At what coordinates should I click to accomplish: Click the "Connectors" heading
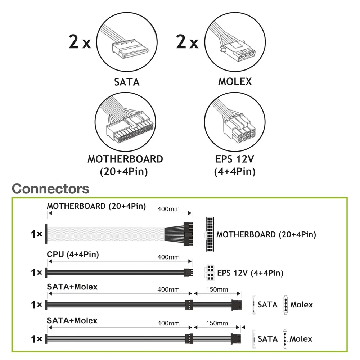coord(50,188)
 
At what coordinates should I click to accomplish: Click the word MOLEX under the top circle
coord(235,82)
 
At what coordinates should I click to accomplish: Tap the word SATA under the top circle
coord(127,82)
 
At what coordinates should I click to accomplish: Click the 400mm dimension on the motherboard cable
coord(168,209)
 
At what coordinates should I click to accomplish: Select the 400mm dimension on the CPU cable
coord(168,257)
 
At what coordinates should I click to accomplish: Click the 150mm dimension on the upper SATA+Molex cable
coord(217,289)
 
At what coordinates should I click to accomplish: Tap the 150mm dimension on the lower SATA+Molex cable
coord(217,323)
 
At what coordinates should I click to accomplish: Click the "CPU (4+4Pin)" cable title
coord(73,255)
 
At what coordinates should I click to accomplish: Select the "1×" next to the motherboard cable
coord(37,234)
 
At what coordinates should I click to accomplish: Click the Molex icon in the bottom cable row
coord(285,338)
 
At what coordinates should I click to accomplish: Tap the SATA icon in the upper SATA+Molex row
coord(254,305)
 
